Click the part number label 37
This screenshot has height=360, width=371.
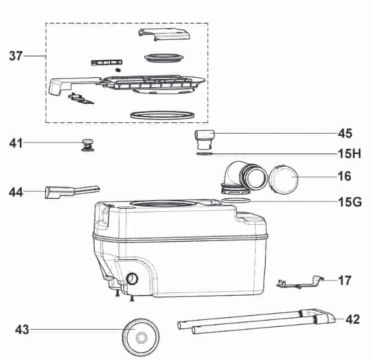click(x=17, y=56)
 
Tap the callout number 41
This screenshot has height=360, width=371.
click(x=16, y=143)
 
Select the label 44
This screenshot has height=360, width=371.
click(x=16, y=193)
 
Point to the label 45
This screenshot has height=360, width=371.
click(x=345, y=134)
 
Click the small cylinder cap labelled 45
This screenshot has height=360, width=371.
click(x=203, y=137)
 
